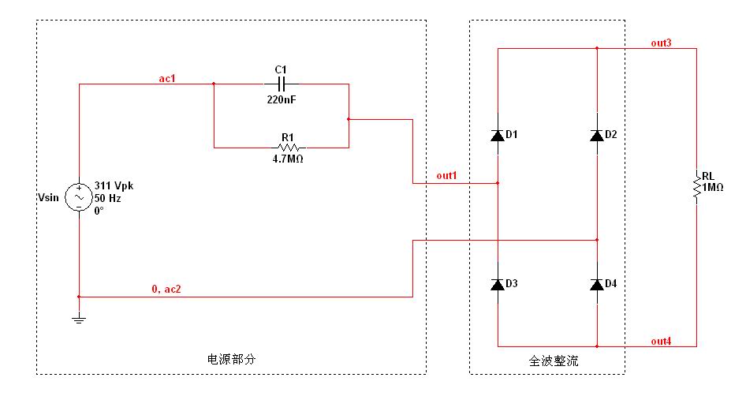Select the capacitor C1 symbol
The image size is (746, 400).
281,84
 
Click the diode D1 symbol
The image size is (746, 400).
498,136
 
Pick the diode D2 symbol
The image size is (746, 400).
597,136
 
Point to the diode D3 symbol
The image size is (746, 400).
498,284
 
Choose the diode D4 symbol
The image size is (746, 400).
597,284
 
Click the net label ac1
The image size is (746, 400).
166,77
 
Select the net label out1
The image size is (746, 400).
446,175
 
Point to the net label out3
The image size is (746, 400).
661,43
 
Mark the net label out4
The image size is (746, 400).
661,340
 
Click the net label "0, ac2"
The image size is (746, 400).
166,290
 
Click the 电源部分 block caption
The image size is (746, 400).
231,359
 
